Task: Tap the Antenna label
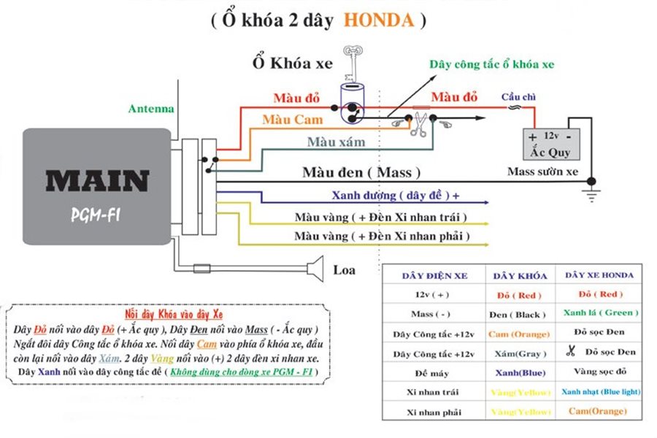151,109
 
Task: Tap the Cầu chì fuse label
515,96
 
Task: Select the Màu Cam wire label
292,119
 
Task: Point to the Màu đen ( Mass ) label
361,173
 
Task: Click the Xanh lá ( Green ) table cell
601,312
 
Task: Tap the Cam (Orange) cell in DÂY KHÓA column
519,334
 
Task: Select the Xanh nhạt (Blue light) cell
600,391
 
